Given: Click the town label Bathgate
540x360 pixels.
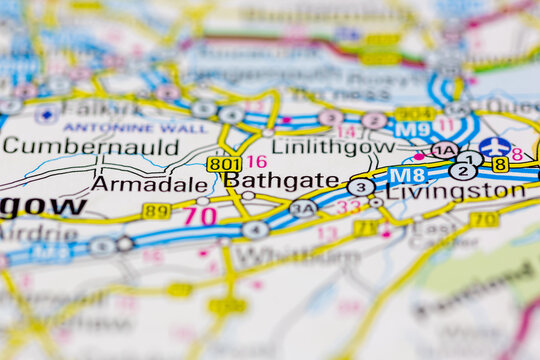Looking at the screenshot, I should coord(282,180).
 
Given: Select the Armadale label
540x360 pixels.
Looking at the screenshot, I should coord(149,184).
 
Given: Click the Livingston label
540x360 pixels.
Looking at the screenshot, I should coord(455,191).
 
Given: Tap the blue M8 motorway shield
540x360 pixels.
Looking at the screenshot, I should coord(407,175).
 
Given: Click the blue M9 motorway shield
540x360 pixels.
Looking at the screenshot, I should coord(412,130).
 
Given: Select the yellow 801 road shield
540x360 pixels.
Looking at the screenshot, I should coord(223,163).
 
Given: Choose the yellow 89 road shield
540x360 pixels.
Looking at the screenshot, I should coord(156,211).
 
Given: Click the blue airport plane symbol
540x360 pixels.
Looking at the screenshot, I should coord(495,147).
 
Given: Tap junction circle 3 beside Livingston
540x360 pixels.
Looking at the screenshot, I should coord(361,187).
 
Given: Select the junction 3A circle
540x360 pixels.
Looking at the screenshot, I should coord(302,208).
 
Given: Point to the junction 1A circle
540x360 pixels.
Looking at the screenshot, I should coord(444,150).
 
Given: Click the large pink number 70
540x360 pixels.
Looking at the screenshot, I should coord(200,215).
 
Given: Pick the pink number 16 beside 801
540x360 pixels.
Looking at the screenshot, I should coord(257,161).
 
